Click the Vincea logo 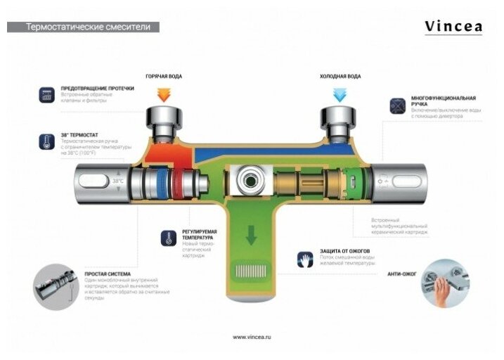pyautogui.click(x=453, y=27)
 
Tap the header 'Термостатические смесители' pyautogui.click(x=83, y=27)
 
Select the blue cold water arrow pyautogui.click(x=341, y=94)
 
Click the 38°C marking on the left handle pyautogui.click(x=117, y=181)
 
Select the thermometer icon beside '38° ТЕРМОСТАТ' pyautogui.click(x=47, y=141)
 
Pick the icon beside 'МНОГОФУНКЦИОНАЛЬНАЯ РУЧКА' pyautogui.click(x=398, y=105)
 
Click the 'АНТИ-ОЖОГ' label pyautogui.click(x=401, y=274)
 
